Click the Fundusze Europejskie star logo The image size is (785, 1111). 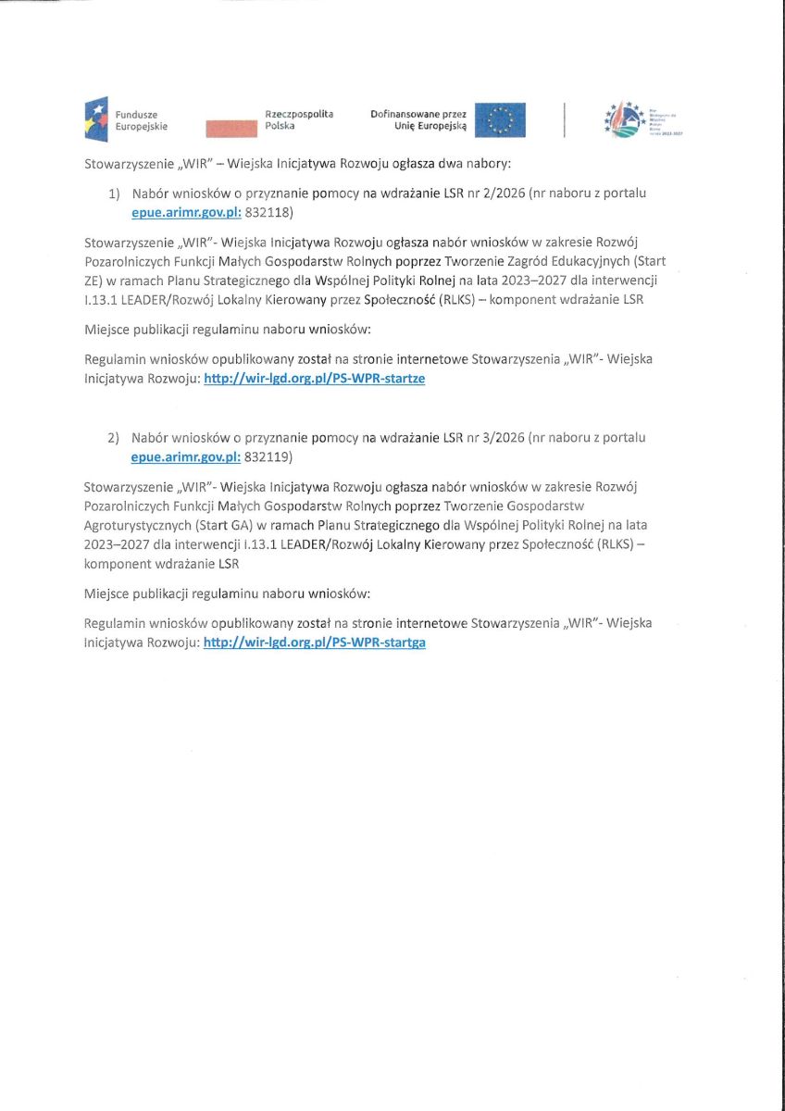tap(97, 119)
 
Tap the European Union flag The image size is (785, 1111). tap(500, 120)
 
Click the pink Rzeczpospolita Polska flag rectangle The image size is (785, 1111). tap(231, 128)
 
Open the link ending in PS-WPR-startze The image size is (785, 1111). tap(314, 379)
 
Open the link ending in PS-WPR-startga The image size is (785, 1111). tap(314, 642)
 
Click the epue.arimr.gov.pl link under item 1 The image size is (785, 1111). tap(186, 212)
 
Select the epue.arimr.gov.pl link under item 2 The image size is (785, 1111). tap(186, 456)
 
